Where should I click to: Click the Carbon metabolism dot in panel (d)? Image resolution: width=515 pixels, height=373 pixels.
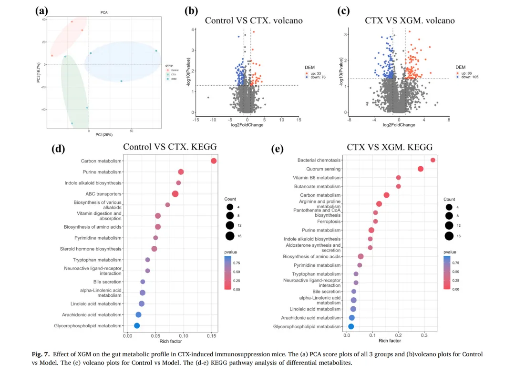tap(214, 161)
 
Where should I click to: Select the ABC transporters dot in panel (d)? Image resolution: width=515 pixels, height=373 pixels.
tap(175, 194)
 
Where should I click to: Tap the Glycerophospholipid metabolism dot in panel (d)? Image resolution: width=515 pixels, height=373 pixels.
tap(137, 326)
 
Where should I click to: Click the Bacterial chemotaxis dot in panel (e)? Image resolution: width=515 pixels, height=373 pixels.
tap(433, 160)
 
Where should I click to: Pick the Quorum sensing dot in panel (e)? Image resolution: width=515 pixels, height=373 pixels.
tap(421, 169)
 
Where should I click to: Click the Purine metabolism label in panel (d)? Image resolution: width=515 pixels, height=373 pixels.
tap(102, 172)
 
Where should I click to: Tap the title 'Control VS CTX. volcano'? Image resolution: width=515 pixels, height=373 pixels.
tap(254, 20)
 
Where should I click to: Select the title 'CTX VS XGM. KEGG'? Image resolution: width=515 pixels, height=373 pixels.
tap(390, 147)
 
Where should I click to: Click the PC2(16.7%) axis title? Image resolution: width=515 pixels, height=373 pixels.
tap(38, 71)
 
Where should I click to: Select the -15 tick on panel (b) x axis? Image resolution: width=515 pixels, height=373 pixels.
tap(196, 120)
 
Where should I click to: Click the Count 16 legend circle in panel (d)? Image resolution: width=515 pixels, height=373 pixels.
tap(230, 235)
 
